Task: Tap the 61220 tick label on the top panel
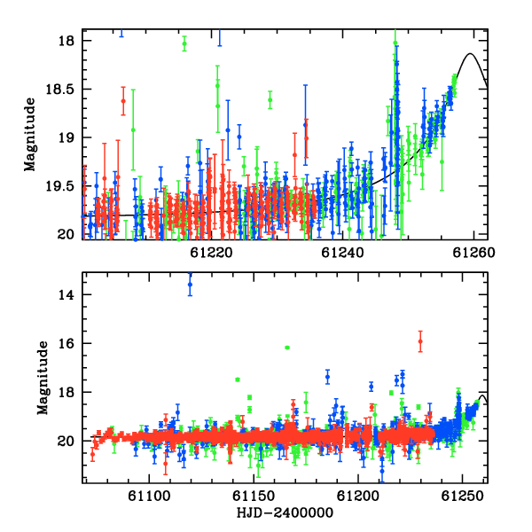211,253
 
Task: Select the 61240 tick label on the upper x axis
342,253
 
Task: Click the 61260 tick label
473,253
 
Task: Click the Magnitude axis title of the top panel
30,135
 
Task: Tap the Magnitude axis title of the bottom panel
43,378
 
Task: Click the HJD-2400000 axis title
285,512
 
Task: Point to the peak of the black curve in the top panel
470,53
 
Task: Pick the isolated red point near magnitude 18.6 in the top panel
123,101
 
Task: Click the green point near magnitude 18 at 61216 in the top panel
184,43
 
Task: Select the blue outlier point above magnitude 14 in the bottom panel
190,285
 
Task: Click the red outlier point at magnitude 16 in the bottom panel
420,341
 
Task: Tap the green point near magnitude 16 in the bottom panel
287,348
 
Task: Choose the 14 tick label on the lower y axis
66,295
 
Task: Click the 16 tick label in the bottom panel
66,343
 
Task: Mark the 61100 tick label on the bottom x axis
149,496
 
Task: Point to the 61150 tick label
254,496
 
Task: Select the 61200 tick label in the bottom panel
357,496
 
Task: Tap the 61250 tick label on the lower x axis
462,496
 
